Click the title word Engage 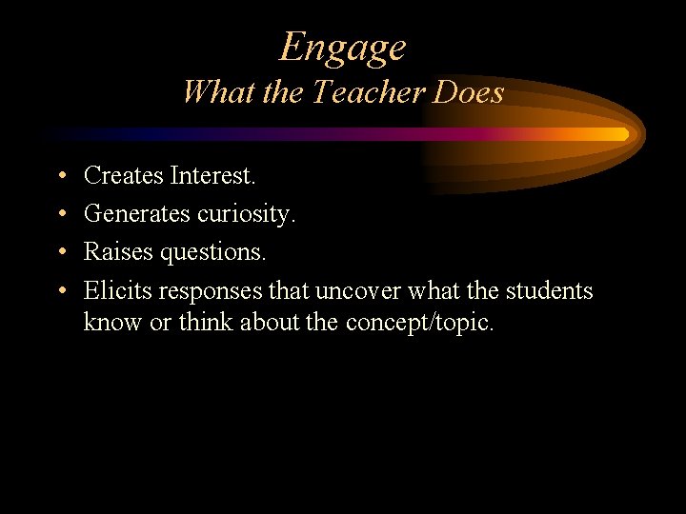[x=343, y=46]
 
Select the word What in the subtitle [x=212, y=92]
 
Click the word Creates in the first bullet [x=123, y=175]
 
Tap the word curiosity [x=247, y=214]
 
